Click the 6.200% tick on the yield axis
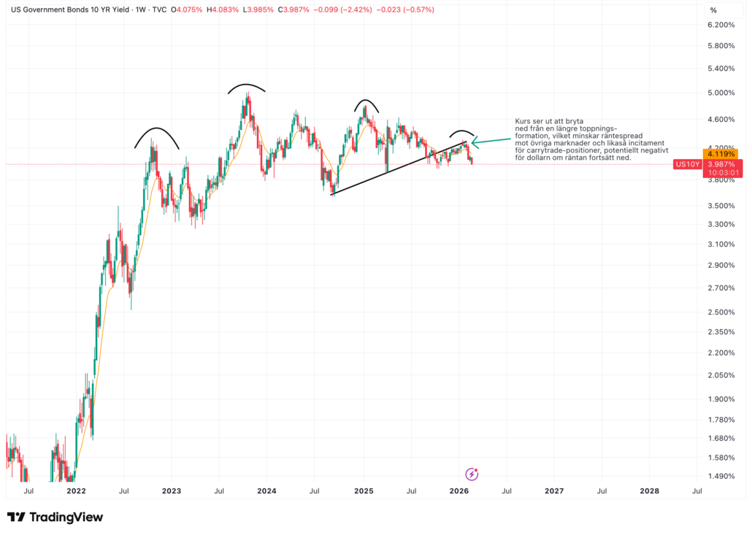pos(721,25)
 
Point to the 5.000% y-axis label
pos(721,93)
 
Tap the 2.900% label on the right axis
pos(721,265)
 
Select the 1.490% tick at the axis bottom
pos(721,477)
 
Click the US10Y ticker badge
pos(687,164)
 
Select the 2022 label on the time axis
pos(76,491)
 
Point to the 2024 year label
pos(266,491)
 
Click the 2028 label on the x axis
pos(649,491)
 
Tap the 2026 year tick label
pos(459,491)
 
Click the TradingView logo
pos(55,517)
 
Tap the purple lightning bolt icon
pos(472,474)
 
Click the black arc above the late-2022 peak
pos(156,131)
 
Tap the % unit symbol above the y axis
pos(713,10)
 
